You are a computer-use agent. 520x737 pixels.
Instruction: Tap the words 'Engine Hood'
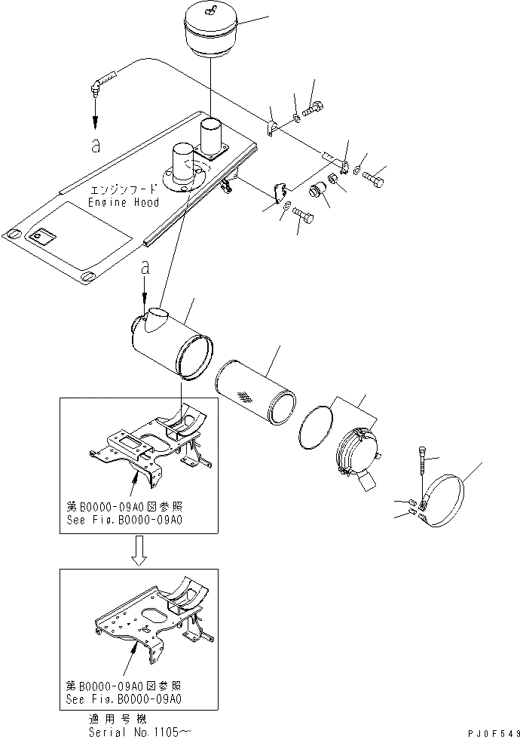pos(124,203)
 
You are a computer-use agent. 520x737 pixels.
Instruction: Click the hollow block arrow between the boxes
pos(137,549)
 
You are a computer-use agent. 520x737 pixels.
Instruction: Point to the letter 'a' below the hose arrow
pos(95,146)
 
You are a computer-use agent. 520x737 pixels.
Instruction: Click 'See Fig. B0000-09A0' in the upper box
pos(124,520)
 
